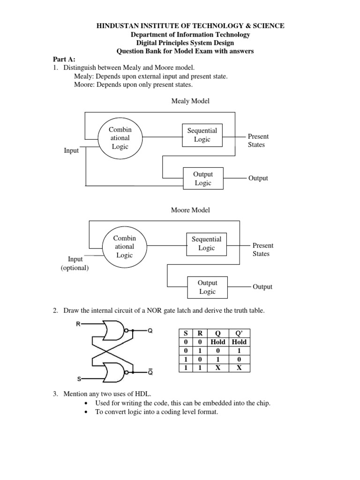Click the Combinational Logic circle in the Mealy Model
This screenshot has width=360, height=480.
pos(120,138)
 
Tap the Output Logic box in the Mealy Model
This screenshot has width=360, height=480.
pos(202,179)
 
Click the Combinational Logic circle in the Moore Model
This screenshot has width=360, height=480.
pos(124,246)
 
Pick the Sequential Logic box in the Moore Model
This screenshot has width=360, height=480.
pos(206,243)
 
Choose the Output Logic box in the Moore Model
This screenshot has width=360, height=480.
pos(207,287)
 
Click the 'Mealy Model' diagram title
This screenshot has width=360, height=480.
pos(190,101)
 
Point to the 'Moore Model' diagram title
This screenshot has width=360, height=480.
pos(190,210)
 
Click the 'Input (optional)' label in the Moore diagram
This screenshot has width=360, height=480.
pos(75,263)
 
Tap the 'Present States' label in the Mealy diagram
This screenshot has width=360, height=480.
pos(258,141)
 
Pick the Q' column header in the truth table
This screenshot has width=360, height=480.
pos(239,333)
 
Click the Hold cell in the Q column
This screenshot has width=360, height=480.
pos(218,342)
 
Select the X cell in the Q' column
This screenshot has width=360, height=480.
pos(239,368)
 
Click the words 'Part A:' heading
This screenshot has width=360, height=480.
pos(63,60)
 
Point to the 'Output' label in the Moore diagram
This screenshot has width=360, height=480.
pos(262,287)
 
